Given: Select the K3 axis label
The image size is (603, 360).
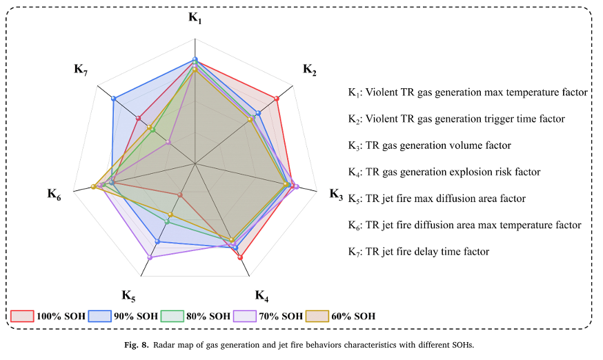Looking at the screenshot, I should pyautogui.click(x=335, y=194).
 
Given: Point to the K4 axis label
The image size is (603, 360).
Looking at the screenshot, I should pyautogui.click(x=262, y=295).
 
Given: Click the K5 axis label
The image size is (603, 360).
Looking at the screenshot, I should pyautogui.click(x=128, y=295).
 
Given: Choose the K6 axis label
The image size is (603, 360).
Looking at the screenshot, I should pyautogui.click(x=54, y=194).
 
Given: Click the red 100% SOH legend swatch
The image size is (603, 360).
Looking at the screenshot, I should pyautogui.click(x=23, y=317).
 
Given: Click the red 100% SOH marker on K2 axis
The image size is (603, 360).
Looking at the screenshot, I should pyautogui.click(x=277, y=99).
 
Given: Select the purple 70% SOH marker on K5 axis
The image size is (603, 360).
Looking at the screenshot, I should pyautogui.click(x=150, y=257).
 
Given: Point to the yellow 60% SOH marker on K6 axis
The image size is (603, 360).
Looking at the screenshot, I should pyautogui.click(x=93, y=187).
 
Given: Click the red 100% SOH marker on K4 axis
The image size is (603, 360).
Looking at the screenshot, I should pyautogui.click(x=240, y=257).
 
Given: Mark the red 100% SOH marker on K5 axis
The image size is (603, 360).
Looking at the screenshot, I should pyautogui.click(x=180, y=195).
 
